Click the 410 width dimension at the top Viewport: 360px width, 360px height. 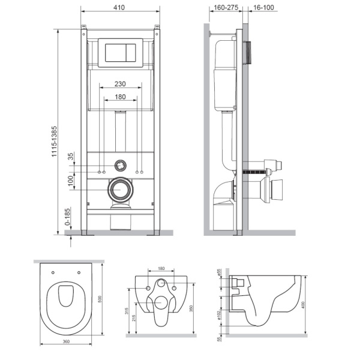point(120,8)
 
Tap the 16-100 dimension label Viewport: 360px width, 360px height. point(260,8)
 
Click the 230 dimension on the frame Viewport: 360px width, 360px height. point(120,86)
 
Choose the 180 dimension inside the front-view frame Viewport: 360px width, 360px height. point(120,97)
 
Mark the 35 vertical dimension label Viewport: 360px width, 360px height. point(70,158)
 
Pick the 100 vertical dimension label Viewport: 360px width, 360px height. point(70,181)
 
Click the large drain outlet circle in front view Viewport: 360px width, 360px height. point(120,191)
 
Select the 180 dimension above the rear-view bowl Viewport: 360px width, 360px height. point(161,269)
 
